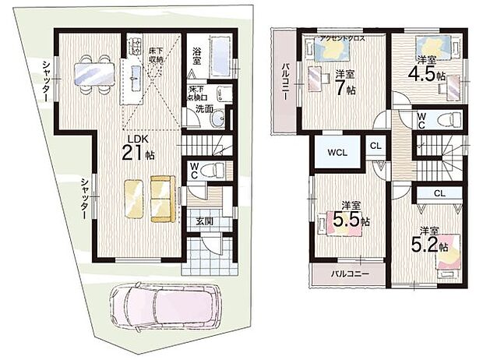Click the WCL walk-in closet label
tap(337, 151)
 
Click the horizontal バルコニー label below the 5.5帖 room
tap(347, 274)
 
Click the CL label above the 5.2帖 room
tap(439, 192)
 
